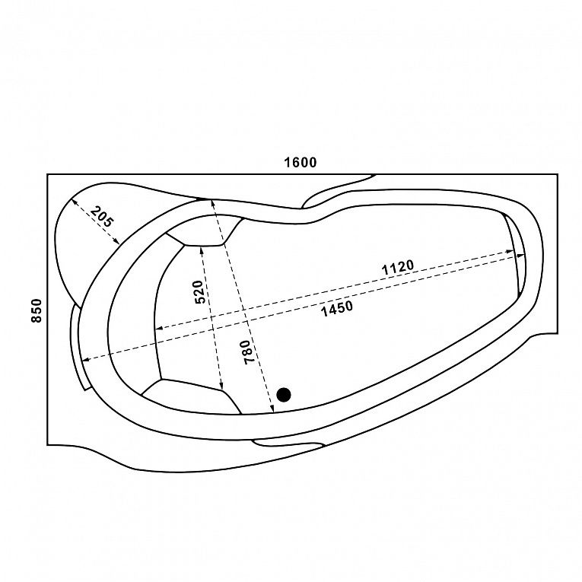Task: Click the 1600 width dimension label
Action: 301,162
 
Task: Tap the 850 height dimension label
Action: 37,310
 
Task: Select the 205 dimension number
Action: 101,216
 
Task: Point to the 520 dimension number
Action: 199,292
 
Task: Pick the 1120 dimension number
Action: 398,267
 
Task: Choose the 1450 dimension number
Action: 337,308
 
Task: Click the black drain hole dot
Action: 284,395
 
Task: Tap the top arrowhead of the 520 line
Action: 202,250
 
